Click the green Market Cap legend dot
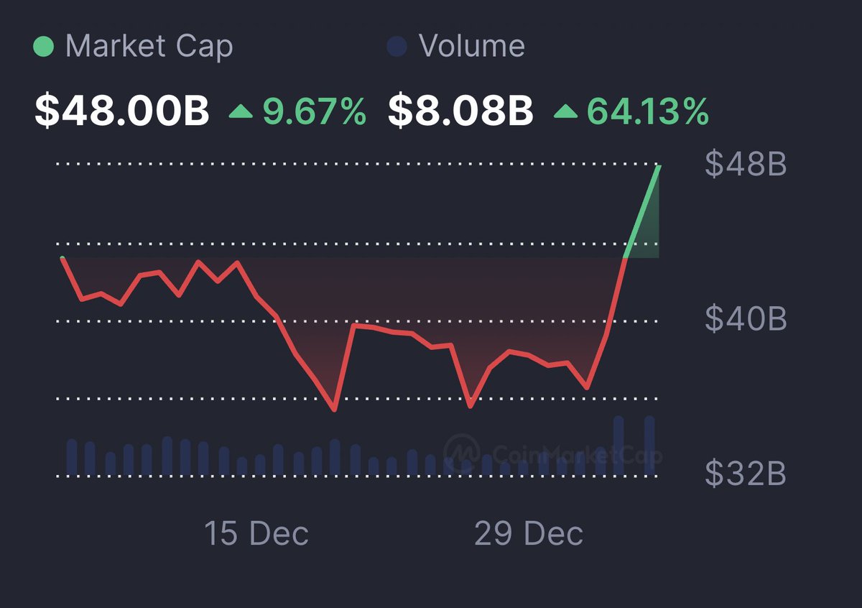coord(44,47)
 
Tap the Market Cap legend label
coord(149,47)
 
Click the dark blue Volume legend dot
coord(397,47)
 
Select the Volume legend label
coord(472,47)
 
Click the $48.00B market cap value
coord(122,112)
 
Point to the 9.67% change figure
coord(314,112)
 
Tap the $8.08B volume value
coord(460,112)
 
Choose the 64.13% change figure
coord(648,112)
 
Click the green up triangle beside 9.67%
coord(241,112)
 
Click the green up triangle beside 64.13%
coord(565,112)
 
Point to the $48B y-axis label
coord(746,165)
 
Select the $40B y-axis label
coord(746,318)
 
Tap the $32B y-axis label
coord(746,474)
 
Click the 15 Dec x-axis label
coord(256,534)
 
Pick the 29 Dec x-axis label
coord(529,534)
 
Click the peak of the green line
coord(659,167)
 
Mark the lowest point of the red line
coord(334,410)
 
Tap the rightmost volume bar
coord(649,446)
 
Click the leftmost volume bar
coord(72,457)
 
